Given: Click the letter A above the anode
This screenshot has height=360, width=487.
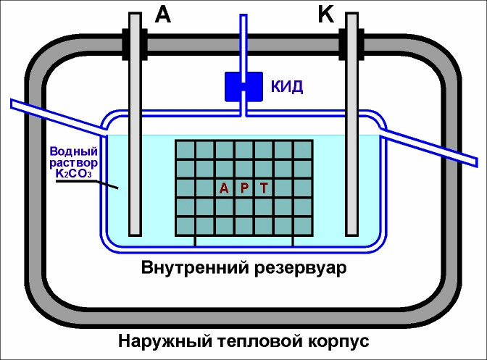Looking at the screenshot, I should point(163,14).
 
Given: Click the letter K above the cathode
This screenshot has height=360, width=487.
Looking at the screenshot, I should point(325,14).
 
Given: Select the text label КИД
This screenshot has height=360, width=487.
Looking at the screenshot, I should point(287,88).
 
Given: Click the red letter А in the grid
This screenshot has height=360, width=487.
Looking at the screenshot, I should point(224,188).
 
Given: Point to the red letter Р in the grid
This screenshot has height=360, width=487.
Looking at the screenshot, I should point(244,188).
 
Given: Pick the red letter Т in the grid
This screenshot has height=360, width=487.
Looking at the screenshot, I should point(265,188).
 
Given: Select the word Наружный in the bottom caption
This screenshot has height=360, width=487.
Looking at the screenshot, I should point(159,340).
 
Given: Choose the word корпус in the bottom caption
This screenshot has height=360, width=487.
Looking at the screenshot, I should point(335,340).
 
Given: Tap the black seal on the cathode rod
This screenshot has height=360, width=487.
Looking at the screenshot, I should point(352,45).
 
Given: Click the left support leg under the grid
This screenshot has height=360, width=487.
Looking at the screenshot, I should point(195,241).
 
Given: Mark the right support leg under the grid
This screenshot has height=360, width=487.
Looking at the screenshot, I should point(293,241).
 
